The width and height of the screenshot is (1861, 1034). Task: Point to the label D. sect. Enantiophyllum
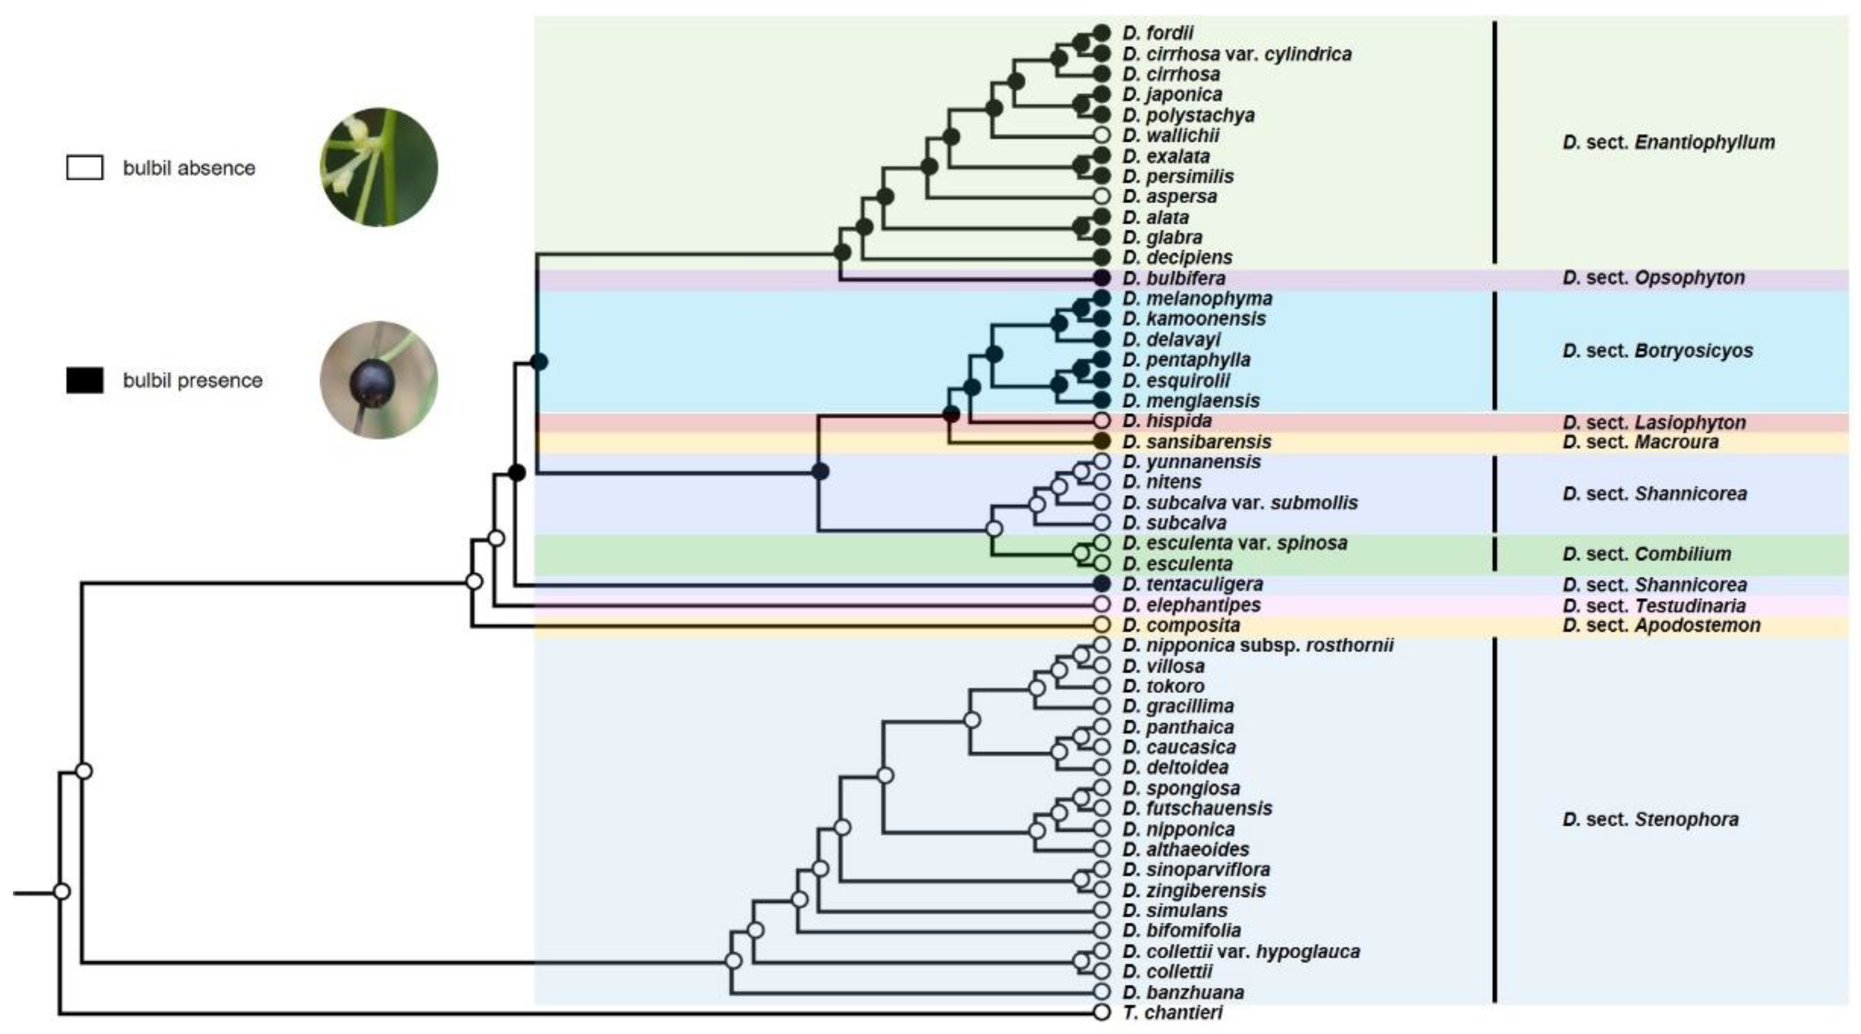pos(1668,142)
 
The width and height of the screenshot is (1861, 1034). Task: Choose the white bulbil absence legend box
pos(85,167)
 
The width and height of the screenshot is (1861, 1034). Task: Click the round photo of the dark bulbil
pos(379,380)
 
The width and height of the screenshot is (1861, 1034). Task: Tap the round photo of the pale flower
pos(379,167)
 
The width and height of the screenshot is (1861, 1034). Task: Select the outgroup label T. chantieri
pos(1172,1012)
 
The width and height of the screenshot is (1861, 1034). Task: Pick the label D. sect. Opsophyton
pos(1653,278)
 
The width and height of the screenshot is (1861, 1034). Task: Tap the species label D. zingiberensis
pos(1193,890)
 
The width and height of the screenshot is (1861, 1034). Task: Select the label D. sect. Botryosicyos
pos(1657,351)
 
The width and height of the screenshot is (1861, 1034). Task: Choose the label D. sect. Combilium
pos(1646,554)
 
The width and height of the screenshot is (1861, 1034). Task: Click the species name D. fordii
pos(1157,32)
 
